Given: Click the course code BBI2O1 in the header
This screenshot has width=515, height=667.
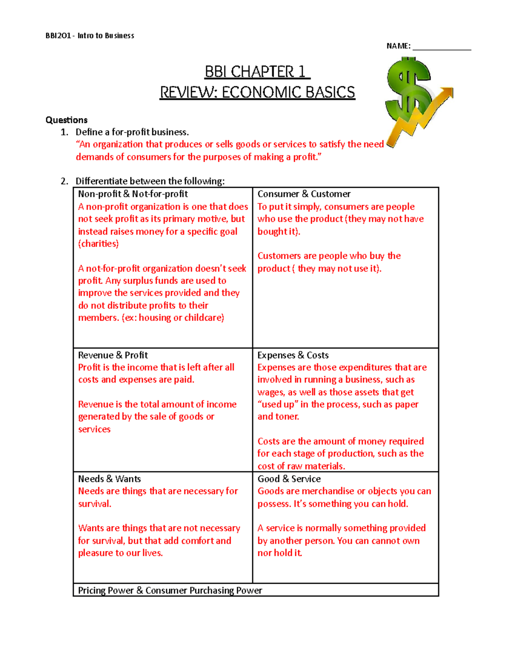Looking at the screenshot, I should click(x=58, y=36).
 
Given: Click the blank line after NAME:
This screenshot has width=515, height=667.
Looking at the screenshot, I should click(x=442, y=47).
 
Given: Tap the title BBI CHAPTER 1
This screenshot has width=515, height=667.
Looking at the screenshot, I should click(x=257, y=72).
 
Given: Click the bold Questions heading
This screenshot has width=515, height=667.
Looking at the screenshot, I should click(x=67, y=120).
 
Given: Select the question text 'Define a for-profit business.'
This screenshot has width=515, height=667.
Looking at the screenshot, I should click(x=132, y=132).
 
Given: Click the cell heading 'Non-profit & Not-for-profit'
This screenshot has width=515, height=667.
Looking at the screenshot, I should click(x=133, y=194).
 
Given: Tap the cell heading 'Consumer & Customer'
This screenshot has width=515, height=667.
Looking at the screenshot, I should click(x=304, y=194).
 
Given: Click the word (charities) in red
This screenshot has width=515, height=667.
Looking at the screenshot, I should click(x=98, y=244).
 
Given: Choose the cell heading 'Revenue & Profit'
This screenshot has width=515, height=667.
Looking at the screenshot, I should click(x=113, y=355).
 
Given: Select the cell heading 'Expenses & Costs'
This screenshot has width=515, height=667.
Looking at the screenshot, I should click(x=293, y=355).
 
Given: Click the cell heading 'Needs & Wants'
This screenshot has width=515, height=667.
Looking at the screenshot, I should click(x=109, y=479).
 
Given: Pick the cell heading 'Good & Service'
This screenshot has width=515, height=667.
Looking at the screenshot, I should click(x=289, y=479).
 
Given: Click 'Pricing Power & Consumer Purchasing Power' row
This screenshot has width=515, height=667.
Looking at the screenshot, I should click(x=170, y=591).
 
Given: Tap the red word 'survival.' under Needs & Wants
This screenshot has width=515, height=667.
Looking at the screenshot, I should click(x=95, y=504).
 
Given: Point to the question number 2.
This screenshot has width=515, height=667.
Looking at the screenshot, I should click(x=64, y=181).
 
